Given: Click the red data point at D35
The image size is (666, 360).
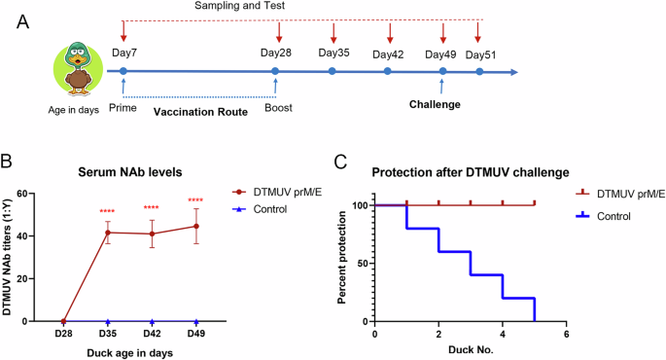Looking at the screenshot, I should pos(108,233).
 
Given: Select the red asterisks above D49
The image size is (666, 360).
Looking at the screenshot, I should pos(197,201).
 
